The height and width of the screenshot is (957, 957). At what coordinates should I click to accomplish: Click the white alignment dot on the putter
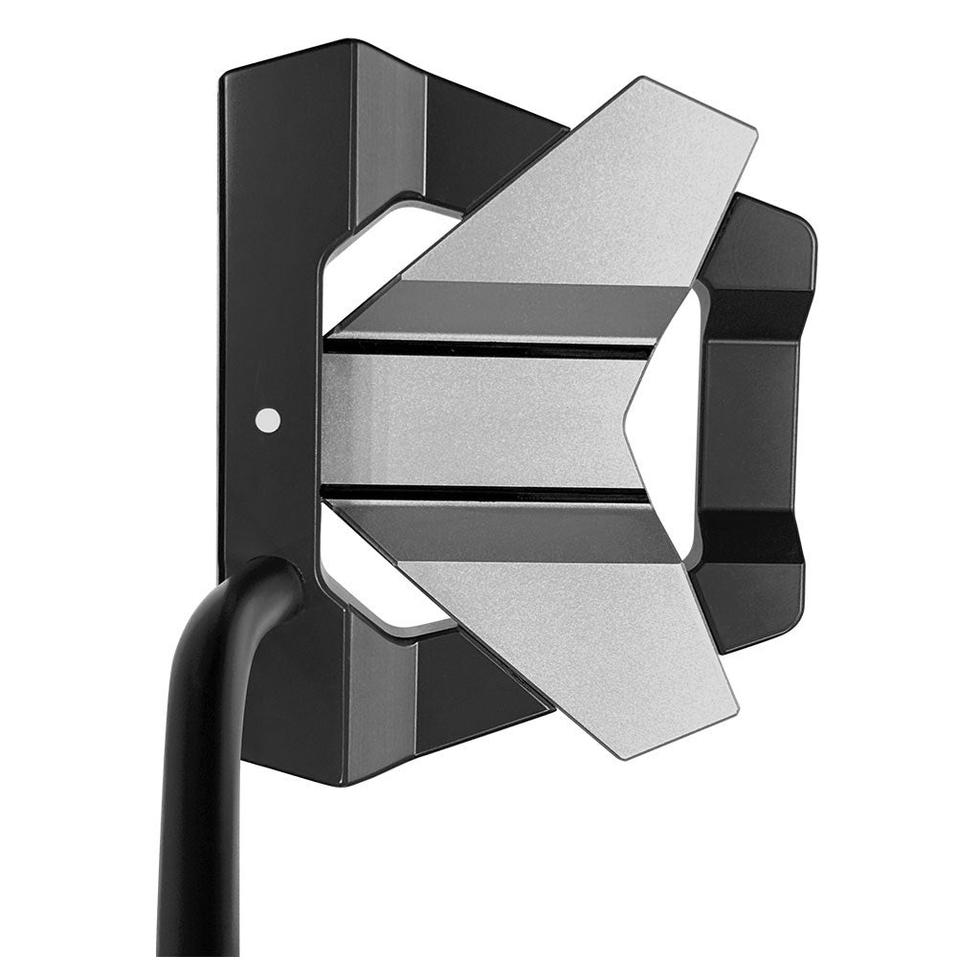pos(269,419)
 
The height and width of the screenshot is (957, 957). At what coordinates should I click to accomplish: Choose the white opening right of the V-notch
pos(675,421)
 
